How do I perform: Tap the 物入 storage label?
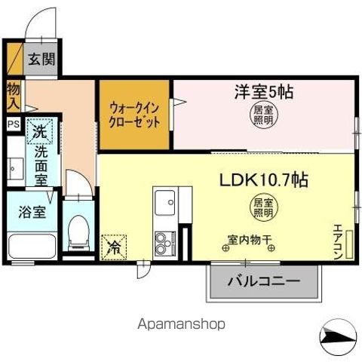coord(14,97)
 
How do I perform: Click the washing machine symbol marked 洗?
coord(39,131)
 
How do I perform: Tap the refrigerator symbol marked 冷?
coord(115,246)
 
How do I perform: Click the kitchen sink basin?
coord(164,203)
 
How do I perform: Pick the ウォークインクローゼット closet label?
coord(134,114)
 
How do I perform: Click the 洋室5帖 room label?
coord(262,94)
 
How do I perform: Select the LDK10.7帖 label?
coord(263,181)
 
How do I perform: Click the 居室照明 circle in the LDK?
coord(263,207)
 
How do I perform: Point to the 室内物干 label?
coord(250,241)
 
